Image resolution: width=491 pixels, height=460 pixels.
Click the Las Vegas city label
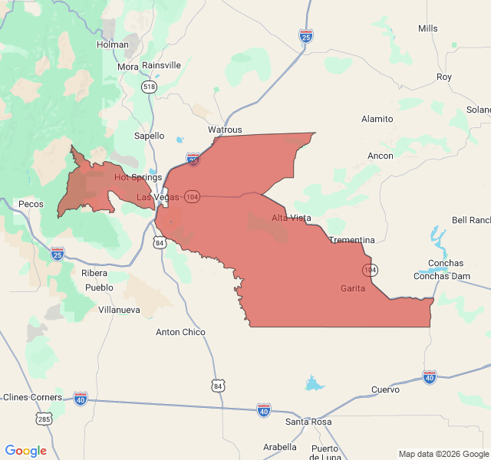(157, 197)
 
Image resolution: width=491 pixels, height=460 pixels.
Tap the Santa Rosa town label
(308, 422)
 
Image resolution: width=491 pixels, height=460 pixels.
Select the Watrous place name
(225, 130)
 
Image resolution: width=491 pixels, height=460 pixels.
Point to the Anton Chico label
(180, 332)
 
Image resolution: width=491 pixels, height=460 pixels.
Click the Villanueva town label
(119, 310)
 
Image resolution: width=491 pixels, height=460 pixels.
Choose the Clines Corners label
(31, 397)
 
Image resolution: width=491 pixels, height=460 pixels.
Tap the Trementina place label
(351, 240)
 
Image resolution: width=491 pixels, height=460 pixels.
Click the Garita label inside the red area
(353, 288)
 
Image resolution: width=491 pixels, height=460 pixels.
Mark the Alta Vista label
(292, 219)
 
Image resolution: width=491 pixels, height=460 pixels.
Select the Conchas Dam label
(442, 276)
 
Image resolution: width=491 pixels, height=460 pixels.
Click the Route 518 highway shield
(149, 87)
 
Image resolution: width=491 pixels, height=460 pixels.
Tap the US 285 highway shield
(43, 419)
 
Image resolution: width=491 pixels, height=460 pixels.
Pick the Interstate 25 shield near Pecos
(58, 252)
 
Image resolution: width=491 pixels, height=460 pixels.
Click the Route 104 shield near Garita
(371, 270)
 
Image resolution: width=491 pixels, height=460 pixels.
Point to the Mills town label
(428, 28)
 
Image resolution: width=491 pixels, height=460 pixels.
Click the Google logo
(25, 451)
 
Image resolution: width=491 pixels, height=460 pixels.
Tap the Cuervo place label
(385, 389)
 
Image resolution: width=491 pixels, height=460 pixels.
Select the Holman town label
(113, 44)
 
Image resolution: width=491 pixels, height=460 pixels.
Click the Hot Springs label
(138, 177)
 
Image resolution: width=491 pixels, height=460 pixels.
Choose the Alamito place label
(377, 119)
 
